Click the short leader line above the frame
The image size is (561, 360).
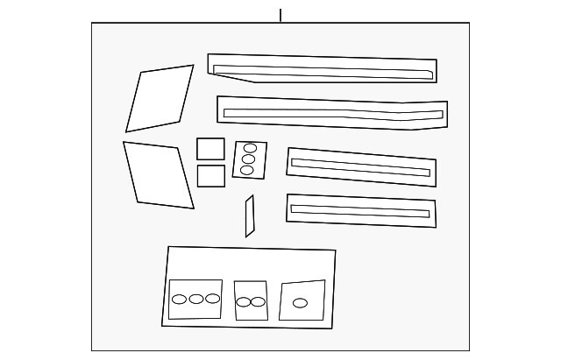click(x=280, y=15)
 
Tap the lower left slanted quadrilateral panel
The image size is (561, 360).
click(x=159, y=175)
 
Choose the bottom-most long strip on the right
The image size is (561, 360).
click(x=360, y=219)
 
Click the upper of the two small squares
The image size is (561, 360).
click(x=210, y=148)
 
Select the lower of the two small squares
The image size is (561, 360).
click(x=210, y=175)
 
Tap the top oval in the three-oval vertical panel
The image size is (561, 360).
click(x=250, y=148)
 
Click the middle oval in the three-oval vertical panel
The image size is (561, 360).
click(x=249, y=159)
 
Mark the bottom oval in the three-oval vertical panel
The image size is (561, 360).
click(x=247, y=170)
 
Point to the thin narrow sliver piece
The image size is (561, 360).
click(x=250, y=216)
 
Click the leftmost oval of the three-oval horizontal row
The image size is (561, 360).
click(x=180, y=299)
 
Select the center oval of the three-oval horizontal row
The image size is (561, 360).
click(x=196, y=299)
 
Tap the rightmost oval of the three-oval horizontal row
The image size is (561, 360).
click(x=212, y=299)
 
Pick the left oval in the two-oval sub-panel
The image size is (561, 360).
click(x=244, y=302)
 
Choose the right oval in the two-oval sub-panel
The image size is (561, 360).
click(x=258, y=302)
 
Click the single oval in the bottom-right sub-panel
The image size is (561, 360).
click(x=300, y=303)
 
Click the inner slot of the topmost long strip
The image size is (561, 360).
click(x=324, y=71)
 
